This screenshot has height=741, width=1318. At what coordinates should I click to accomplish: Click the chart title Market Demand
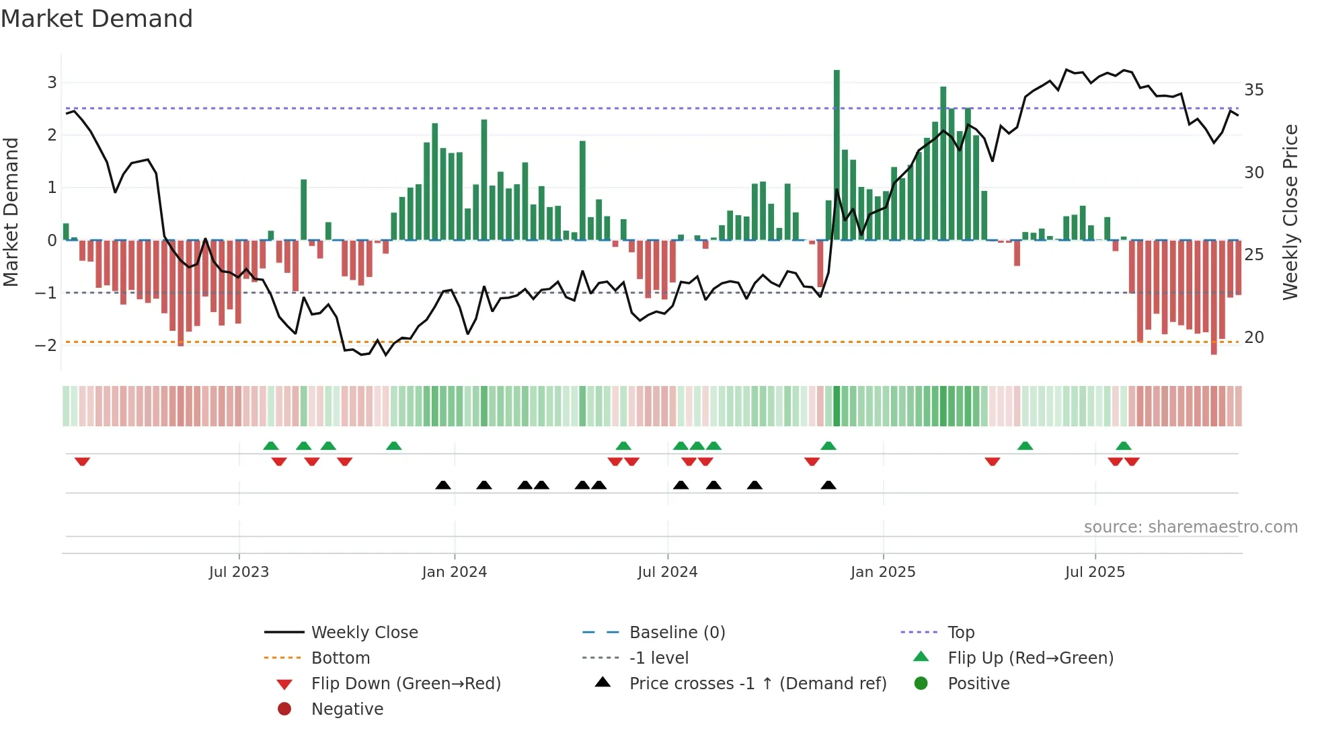tap(97, 19)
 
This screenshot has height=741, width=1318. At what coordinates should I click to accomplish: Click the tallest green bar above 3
tap(837, 155)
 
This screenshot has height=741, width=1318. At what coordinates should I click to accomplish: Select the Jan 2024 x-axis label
tap(454, 572)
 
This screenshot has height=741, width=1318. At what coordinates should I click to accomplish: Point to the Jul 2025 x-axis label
tap(1095, 572)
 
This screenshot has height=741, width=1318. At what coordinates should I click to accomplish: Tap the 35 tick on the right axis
tap(1253, 90)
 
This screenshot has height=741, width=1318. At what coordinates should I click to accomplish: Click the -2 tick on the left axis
tap(46, 346)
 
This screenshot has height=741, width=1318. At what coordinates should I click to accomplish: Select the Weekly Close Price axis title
tap(1290, 212)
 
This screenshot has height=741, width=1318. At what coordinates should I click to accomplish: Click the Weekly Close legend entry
tap(364, 633)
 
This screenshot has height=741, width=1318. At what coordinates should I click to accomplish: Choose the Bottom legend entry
tap(340, 658)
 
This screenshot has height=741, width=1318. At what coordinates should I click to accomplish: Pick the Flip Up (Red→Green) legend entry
tap(1030, 658)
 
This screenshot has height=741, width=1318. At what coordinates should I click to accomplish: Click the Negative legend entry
tap(347, 709)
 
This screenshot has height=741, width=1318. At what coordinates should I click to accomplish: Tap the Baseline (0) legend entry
tap(676, 633)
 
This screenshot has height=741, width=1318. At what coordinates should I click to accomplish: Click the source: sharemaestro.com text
tap(1190, 527)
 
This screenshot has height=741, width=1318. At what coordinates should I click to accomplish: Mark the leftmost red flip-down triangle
tap(82, 461)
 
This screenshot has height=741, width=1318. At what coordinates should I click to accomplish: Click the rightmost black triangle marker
tap(828, 485)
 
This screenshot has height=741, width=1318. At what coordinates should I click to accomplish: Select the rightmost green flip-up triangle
tap(1123, 446)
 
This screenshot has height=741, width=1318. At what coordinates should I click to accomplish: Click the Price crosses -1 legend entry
tap(757, 684)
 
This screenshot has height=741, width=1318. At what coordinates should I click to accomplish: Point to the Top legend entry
tap(961, 633)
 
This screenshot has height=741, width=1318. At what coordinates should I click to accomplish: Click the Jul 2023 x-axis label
tap(239, 572)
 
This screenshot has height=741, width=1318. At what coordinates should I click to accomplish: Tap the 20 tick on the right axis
tap(1253, 338)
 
